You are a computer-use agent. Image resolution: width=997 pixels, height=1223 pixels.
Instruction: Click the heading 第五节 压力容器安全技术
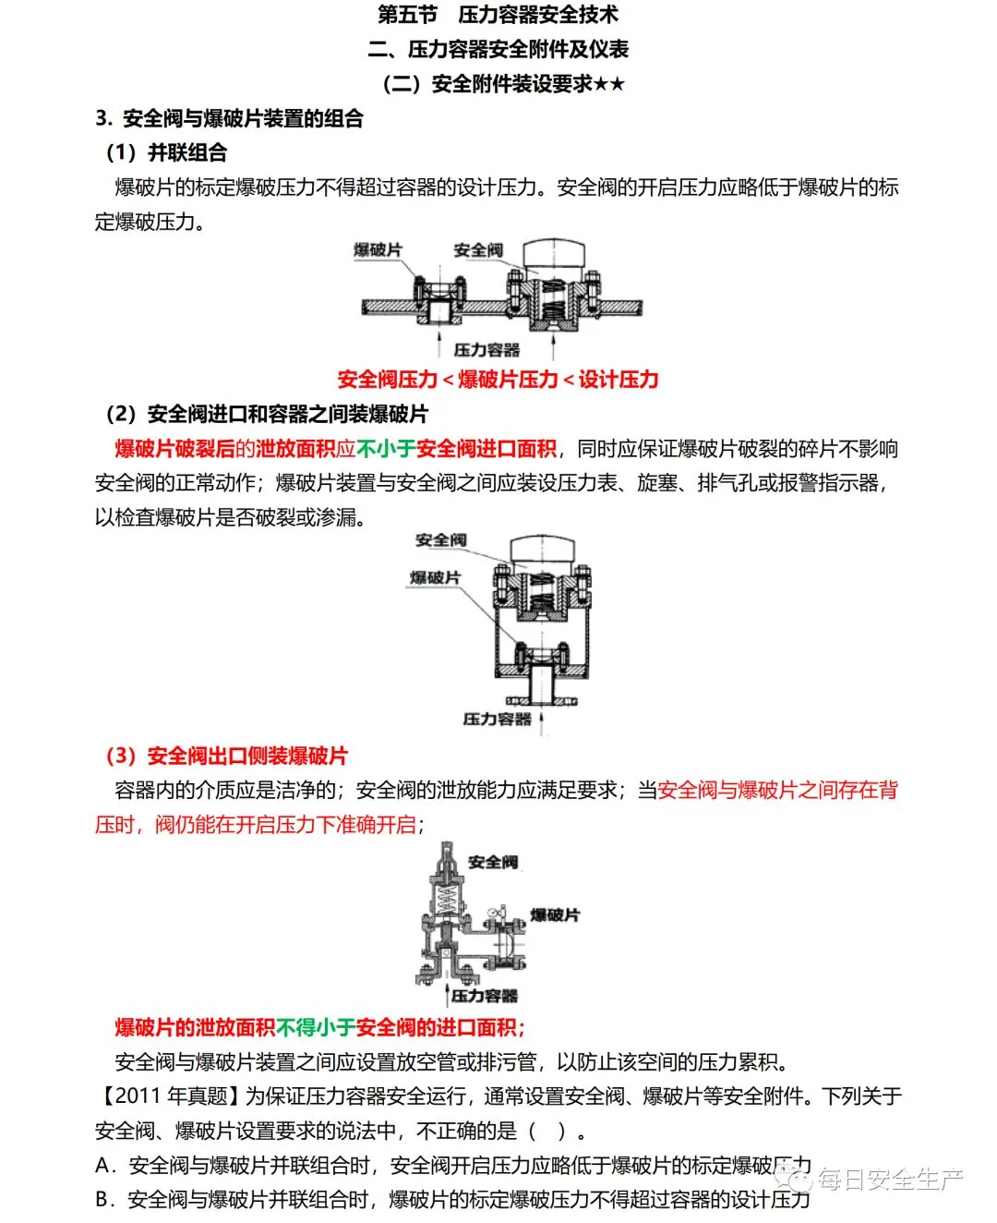498,15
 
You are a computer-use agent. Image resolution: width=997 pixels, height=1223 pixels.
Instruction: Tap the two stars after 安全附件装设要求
609,84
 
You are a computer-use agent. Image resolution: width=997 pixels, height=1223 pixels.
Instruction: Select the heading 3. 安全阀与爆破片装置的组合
229,118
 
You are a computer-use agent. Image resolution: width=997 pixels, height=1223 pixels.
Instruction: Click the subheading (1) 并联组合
166,152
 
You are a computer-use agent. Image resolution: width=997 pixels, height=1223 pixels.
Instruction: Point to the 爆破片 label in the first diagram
378,250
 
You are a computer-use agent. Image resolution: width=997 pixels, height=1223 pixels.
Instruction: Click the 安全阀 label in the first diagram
478,250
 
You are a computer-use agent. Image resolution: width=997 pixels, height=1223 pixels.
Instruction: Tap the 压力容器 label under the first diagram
486,349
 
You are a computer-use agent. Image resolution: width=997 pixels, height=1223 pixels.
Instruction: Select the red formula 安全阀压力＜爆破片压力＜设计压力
498,379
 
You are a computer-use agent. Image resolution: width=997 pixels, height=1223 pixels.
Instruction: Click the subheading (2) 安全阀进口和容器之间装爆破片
267,414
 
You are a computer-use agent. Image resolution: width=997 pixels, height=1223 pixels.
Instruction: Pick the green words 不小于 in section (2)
386,449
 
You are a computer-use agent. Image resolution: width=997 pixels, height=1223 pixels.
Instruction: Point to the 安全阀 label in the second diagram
440,539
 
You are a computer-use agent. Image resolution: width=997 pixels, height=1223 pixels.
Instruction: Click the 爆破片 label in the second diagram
435,577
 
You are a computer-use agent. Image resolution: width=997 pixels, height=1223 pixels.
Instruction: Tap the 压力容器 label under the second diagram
497,718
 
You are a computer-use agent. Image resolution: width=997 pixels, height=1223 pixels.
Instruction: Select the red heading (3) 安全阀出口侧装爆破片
226,756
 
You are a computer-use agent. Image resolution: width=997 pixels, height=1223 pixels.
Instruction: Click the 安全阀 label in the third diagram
492,862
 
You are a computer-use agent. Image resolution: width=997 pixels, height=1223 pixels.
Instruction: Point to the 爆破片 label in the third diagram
555,914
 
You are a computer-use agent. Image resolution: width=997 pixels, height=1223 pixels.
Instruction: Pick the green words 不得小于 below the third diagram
316,1027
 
